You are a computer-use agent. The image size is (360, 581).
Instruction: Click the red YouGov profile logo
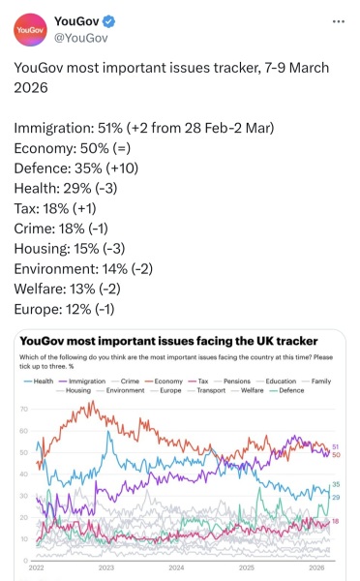coord(29,30)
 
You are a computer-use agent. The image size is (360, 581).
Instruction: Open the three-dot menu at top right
coord(336,21)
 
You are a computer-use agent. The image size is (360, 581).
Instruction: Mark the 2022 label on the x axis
coord(37,568)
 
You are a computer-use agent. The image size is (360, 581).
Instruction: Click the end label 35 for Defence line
coord(336,484)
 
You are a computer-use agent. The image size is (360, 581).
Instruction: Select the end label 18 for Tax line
coord(336,521)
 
